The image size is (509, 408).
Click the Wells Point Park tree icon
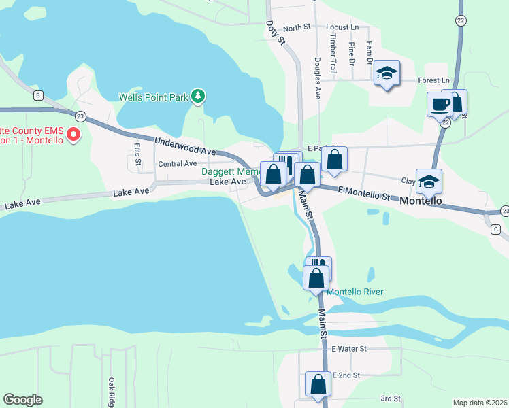(198, 97)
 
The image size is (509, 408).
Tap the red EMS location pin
(75, 134)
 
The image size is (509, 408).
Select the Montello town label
(422, 201)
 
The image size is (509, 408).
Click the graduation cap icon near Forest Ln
(387, 73)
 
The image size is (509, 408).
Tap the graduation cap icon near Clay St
(429, 182)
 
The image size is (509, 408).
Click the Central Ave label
(177, 164)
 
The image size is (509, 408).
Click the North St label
(297, 28)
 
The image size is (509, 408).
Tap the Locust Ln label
(342, 27)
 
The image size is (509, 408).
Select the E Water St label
(349, 348)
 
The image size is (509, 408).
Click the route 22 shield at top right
(461, 20)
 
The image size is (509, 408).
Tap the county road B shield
(38, 95)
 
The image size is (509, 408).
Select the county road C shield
(495, 229)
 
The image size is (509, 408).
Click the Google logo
(22, 400)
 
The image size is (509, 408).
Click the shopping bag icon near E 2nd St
(318, 384)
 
